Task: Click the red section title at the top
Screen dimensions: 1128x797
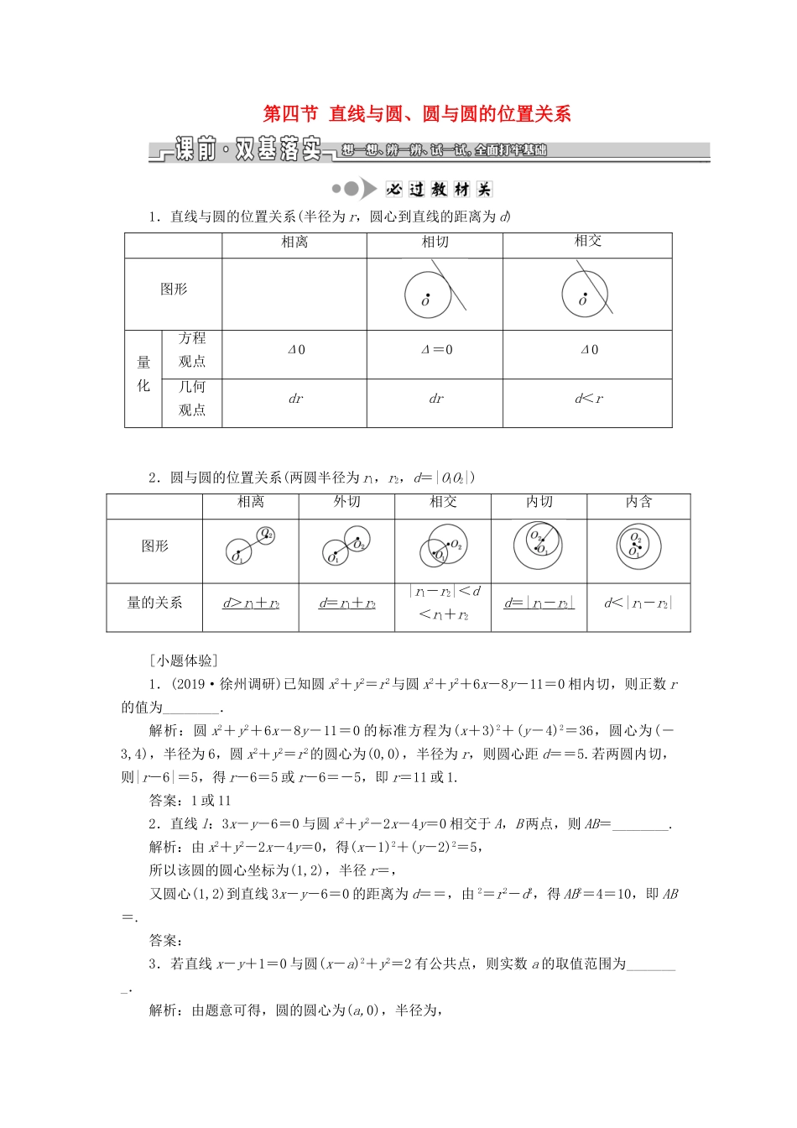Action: (x=417, y=114)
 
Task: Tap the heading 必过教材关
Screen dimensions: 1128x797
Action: (x=438, y=189)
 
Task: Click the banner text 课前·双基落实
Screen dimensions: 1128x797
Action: (x=248, y=150)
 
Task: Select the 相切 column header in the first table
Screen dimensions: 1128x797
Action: (x=435, y=243)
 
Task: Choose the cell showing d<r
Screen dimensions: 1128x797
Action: (x=588, y=399)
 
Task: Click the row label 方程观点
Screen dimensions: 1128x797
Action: (x=192, y=350)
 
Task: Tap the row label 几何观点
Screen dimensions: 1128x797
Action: (x=192, y=399)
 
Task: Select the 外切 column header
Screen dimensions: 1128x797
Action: (x=346, y=502)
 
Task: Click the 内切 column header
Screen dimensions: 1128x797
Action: (x=539, y=502)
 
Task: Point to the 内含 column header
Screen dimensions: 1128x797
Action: (x=638, y=502)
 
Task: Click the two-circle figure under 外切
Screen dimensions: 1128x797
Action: (x=346, y=548)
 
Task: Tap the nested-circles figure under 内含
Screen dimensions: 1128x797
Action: (x=638, y=546)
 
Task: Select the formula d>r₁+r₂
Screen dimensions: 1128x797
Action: (x=251, y=603)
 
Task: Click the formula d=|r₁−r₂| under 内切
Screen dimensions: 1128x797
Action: (x=539, y=603)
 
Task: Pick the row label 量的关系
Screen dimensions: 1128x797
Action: (x=154, y=603)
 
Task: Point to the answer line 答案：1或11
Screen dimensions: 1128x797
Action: (x=190, y=801)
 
